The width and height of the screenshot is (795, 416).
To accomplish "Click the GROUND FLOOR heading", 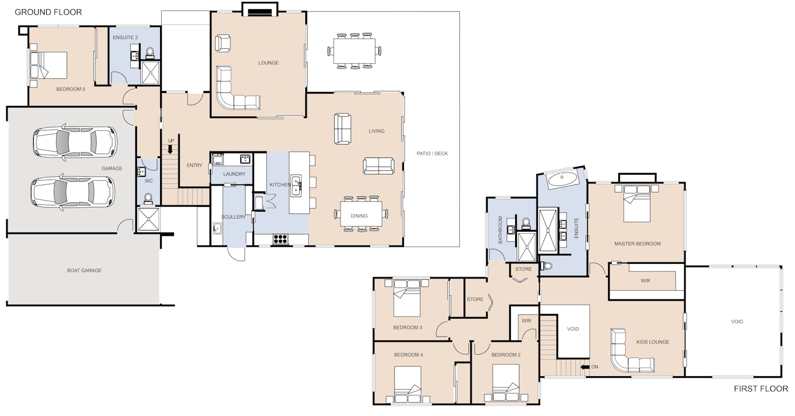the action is [x=48, y=12].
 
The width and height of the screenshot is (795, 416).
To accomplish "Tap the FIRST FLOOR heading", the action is [x=761, y=389].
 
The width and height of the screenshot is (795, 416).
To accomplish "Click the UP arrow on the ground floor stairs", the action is [x=170, y=149].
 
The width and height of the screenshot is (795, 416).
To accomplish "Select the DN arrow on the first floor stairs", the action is [x=584, y=367].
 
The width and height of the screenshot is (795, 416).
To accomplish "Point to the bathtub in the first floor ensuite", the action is [x=562, y=179].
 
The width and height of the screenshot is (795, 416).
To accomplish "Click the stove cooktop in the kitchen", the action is [x=280, y=239].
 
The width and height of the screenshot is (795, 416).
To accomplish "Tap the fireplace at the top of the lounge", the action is [x=259, y=12].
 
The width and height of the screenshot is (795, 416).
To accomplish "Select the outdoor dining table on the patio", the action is [x=354, y=51].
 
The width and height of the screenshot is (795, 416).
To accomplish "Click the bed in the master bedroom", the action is [x=637, y=203].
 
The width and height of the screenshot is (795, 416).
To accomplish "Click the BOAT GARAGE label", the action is [x=84, y=270].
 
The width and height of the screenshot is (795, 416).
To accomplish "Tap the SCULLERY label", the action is [x=233, y=217].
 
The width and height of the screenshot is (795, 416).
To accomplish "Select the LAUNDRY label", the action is [x=234, y=174].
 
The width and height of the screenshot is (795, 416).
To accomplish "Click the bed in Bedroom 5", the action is [x=48, y=66].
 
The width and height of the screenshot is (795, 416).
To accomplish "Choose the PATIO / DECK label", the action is [x=432, y=154].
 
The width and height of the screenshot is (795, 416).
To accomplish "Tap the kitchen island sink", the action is [x=295, y=185].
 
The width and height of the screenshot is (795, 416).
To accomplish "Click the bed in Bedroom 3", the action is [x=407, y=298].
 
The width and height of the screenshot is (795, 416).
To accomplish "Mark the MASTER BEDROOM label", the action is [x=638, y=243].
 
